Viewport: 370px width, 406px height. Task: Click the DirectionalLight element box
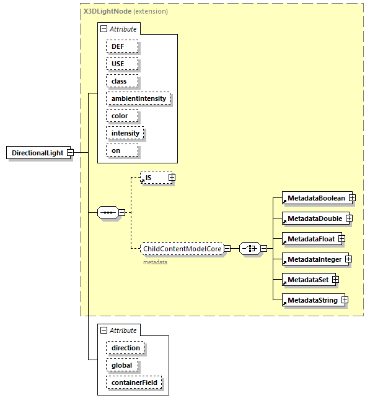[37, 153]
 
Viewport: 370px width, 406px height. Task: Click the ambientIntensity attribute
[138, 98]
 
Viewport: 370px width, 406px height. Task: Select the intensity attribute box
[125, 133]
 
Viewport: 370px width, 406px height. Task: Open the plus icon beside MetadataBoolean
[351, 198]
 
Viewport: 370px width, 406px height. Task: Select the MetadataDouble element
[314, 218]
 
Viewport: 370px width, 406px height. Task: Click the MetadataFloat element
[309, 239]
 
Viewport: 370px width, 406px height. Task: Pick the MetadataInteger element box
[313, 259]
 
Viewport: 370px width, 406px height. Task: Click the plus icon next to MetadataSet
[335, 280]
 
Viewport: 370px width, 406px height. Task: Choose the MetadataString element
[312, 300]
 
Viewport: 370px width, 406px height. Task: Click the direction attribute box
[125, 348]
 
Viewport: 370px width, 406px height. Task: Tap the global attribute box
[121, 365]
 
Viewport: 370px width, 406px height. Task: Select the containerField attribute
[134, 382]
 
